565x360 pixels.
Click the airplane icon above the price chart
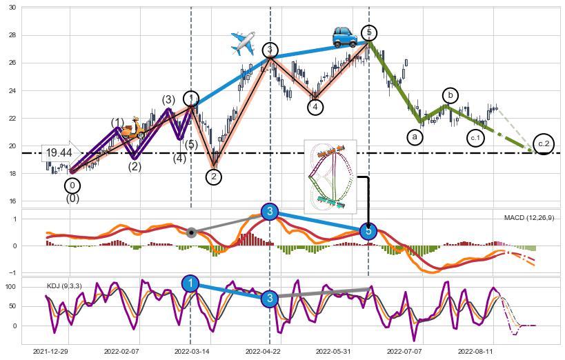tap(243, 43)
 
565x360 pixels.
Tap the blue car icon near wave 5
tap(344, 37)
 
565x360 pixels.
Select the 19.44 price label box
tap(59, 152)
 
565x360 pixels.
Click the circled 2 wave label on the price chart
tap(214, 177)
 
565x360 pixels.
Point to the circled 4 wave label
tap(315, 107)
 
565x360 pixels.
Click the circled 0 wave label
tap(72, 186)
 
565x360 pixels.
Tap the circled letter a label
tap(415, 137)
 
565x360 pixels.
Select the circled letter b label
tap(450, 94)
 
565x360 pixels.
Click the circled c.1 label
tap(475, 138)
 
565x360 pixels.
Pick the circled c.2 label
tap(544, 143)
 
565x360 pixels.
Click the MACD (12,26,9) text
tap(528, 218)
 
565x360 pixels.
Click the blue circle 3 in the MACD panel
tap(270, 211)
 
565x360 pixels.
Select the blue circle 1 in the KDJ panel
tap(190, 283)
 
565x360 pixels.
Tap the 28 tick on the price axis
tap(12, 35)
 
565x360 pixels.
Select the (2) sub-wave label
tap(135, 166)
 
